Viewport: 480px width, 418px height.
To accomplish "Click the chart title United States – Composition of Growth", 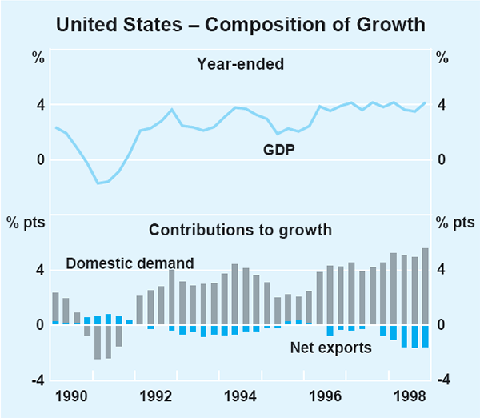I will click(x=240, y=25).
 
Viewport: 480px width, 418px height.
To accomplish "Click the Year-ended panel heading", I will click(x=239, y=65).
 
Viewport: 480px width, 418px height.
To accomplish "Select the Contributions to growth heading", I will click(x=240, y=231).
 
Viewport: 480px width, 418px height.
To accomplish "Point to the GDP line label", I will click(x=278, y=149).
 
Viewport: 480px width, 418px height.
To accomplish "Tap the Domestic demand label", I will click(x=130, y=263).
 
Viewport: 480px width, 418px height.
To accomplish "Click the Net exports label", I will click(x=330, y=348).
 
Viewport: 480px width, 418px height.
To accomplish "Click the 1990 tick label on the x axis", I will click(x=73, y=396).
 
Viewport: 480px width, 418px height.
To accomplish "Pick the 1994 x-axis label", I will click(x=241, y=396).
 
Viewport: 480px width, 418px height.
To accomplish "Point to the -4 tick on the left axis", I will click(x=36, y=380).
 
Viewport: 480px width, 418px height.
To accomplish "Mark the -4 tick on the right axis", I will click(x=442, y=380).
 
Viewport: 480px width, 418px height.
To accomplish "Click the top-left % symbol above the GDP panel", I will click(x=37, y=57).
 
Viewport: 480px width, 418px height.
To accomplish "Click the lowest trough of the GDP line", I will click(x=98, y=183).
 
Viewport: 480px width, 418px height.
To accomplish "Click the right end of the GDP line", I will click(x=425, y=102).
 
